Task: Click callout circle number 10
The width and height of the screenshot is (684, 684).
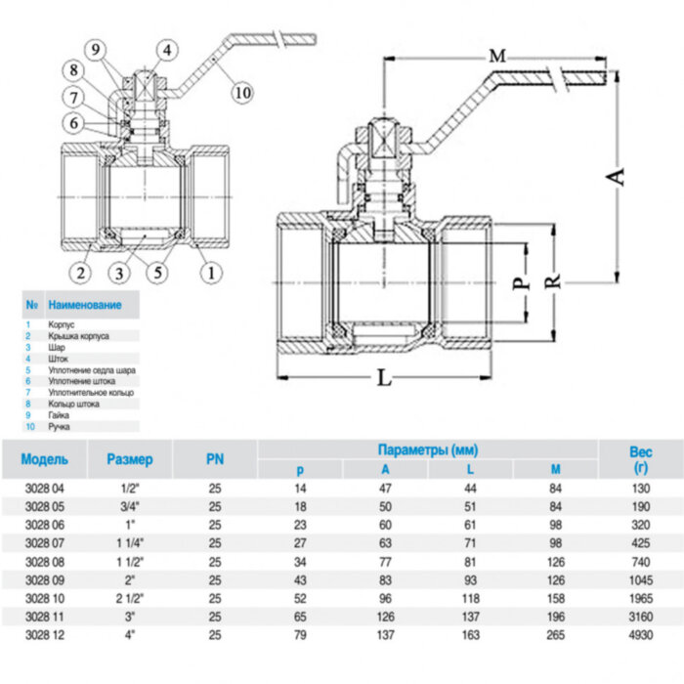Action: coord(242,92)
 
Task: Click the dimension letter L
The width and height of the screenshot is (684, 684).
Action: coord(384,378)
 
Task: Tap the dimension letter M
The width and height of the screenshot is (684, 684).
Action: coord(497,57)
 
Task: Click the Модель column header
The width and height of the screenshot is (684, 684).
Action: coord(44,458)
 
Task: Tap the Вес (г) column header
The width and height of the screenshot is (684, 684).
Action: coord(640,460)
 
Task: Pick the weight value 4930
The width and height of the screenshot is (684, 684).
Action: coord(640,635)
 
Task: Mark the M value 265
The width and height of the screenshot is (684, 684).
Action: coord(556,635)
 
